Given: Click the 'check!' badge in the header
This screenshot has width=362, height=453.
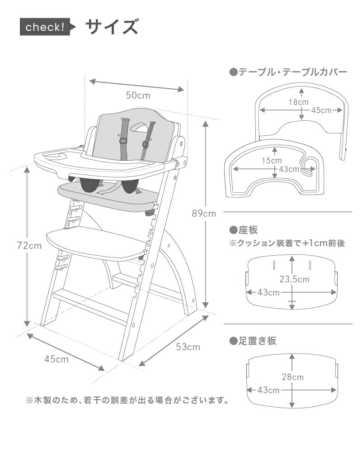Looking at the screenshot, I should [45, 27].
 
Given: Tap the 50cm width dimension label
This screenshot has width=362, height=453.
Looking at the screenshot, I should [138, 95].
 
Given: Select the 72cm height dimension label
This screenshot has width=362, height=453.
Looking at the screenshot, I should [29, 246].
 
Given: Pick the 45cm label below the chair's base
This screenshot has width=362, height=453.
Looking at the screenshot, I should [56, 359].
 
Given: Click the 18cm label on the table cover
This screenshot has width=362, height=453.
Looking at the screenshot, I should [299, 102].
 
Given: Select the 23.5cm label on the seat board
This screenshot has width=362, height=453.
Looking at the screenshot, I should [294, 279].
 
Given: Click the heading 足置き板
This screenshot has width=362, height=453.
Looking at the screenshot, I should [253, 341].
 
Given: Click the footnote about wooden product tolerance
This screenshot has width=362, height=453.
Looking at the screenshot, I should [127, 400].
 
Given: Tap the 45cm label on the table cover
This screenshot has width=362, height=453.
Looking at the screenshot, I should [321, 110].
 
